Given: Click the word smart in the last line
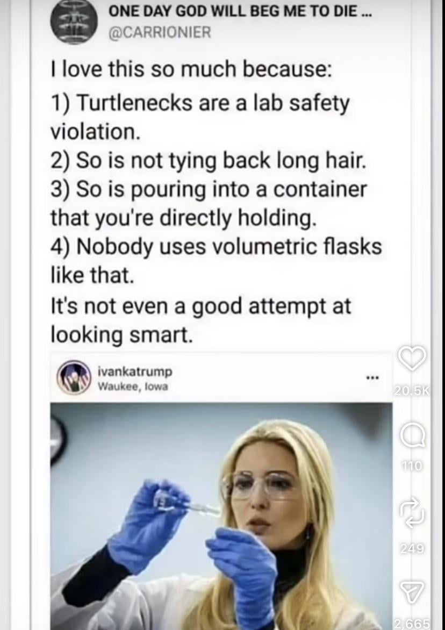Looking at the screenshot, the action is (165, 335).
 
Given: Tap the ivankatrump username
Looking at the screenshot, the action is (135, 371).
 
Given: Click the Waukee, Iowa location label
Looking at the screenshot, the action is (133, 386).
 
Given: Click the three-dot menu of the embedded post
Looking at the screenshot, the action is (372, 378).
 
